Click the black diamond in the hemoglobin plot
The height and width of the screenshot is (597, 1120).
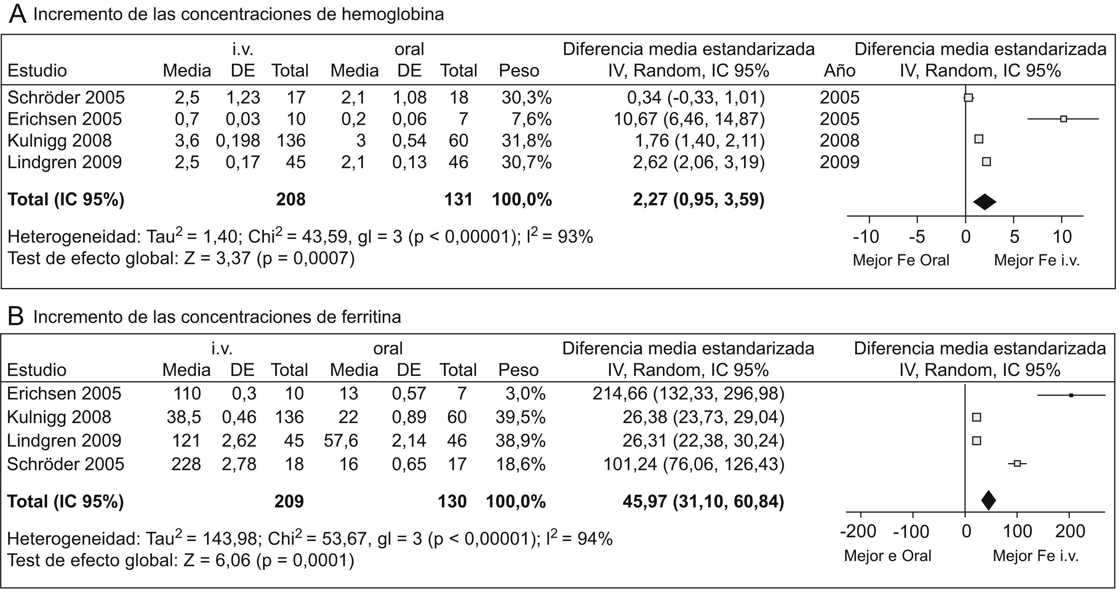[x=984, y=201]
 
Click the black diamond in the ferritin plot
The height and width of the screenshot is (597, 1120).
[x=989, y=500]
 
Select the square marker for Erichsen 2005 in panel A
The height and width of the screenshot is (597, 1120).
[x=1063, y=119]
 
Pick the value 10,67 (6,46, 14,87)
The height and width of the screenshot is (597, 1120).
[x=689, y=119]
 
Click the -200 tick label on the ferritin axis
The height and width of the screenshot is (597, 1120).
[x=858, y=531]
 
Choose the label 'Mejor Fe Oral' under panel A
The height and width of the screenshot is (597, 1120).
[x=901, y=260]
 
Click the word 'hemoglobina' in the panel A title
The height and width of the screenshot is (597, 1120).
[x=393, y=14]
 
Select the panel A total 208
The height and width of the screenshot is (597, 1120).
[x=291, y=199]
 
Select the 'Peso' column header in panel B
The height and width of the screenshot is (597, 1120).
[x=518, y=370]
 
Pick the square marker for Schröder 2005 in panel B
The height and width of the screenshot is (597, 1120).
[x=1017, y=464]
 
